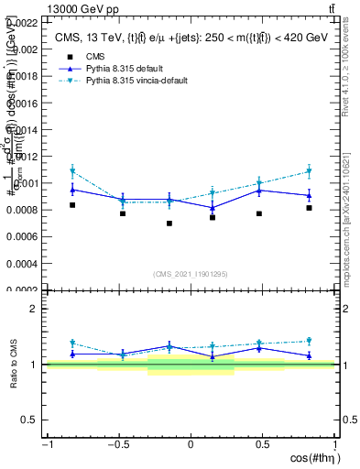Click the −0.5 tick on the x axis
click(118, 445)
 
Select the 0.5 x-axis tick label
click(262, 445)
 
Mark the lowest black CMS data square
click(169, 224)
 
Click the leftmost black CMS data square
click(72, 205)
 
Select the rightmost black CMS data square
click(310, 208)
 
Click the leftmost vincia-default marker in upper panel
click(72, 171)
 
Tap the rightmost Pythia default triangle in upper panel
click(310, 195)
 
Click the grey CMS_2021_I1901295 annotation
click(191, 274)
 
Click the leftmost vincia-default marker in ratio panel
click(72, 344)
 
